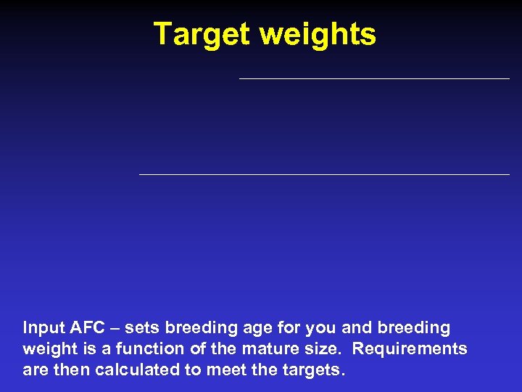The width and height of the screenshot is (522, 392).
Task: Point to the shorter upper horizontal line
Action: [x=374, y=78]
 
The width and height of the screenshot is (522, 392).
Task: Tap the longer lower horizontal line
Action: [x=324, y=174]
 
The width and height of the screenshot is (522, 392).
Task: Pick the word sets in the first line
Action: [x=142, y=328]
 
